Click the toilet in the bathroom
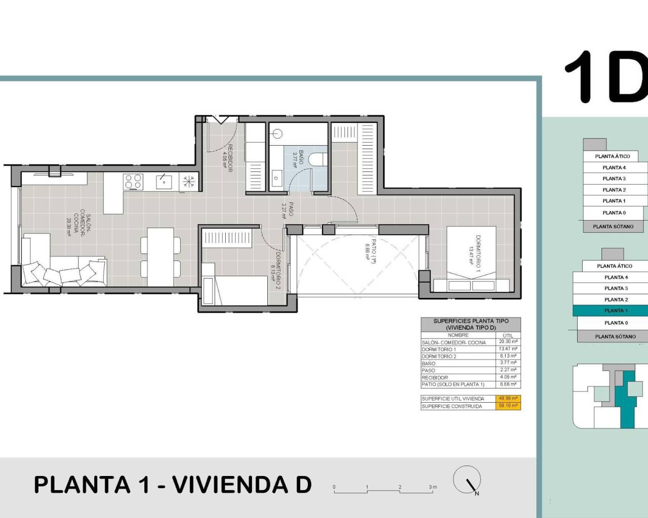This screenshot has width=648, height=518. [x=317, y=158]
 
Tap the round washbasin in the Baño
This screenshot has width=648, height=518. [x=276, y=134]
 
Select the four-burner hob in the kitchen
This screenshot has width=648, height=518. [x=134, y=182]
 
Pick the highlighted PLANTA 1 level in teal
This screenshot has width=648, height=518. [x=615, y=311]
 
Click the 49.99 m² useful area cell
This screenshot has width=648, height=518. [x=507, y=398]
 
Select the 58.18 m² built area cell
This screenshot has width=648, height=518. [x=507, y=406]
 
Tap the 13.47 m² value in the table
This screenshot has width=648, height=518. [x=507, y=349]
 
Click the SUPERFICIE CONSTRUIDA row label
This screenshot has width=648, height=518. [x=452, y=406]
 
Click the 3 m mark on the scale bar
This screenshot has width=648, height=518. [x=432, y=488]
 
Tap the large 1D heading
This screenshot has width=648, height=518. [x=605, y=76]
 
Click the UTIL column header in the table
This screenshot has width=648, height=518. [x=507, y=335]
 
